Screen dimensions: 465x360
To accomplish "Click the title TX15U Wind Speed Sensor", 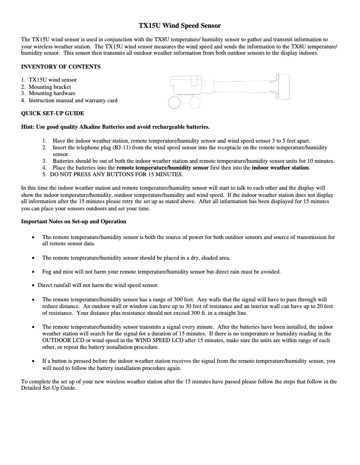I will pyautogui.click(x=180, y=26).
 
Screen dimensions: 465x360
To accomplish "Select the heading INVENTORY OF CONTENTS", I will pyautogui.click(x=61, y=67).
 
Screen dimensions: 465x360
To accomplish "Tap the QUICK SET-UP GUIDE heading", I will pyautogui.click(x=53, y=113).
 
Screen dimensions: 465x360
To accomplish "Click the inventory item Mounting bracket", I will pyautogui.click(x=50, y=87).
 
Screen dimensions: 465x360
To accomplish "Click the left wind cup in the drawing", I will pyautogui.click(x=175, y=103).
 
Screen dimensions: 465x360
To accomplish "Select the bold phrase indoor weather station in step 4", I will pyautogui.click(x=280, y=168).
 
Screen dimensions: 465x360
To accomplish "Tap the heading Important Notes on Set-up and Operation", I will pyautogui.click(x=74, y=222).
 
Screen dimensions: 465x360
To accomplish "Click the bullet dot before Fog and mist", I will pyautogui.click(x=33, y=272).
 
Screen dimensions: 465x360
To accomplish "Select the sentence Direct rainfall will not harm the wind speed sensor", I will pyautogui.click(x=98, y=285).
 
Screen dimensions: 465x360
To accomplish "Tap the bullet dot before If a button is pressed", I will pyautogui.click(x=33, y=361).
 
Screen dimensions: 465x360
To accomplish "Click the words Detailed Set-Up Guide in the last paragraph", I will pyautogui.click(x=49, y=388).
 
